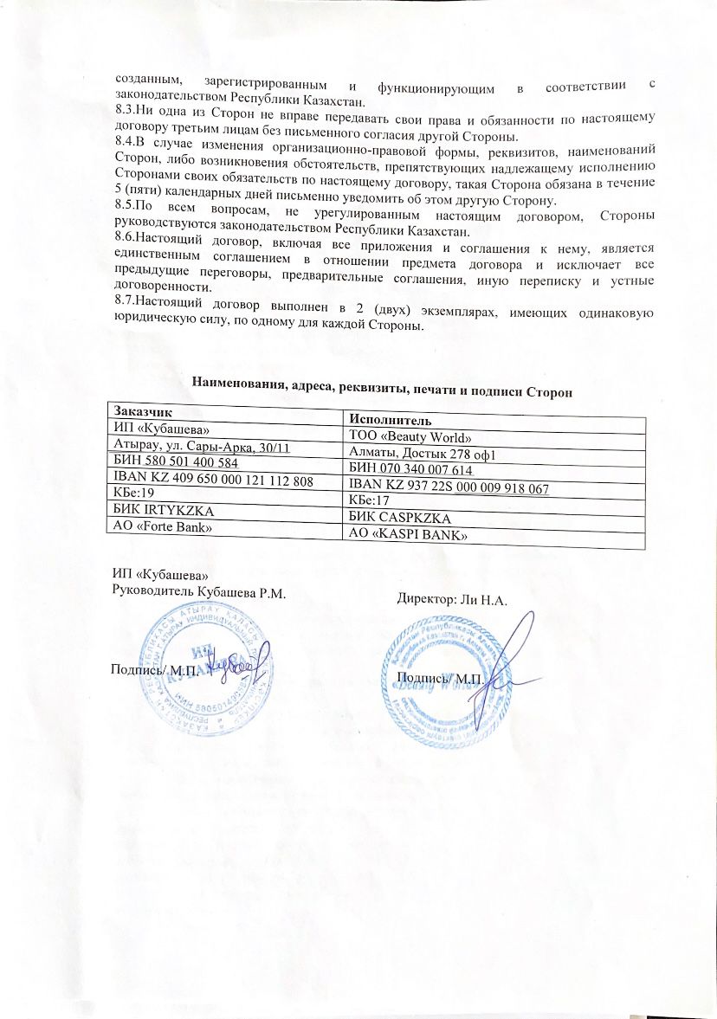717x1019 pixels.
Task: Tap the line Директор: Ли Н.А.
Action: pyautogui.click(x=452, y=599)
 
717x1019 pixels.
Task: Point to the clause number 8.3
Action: pyautogui.click(x=126, y=111)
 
